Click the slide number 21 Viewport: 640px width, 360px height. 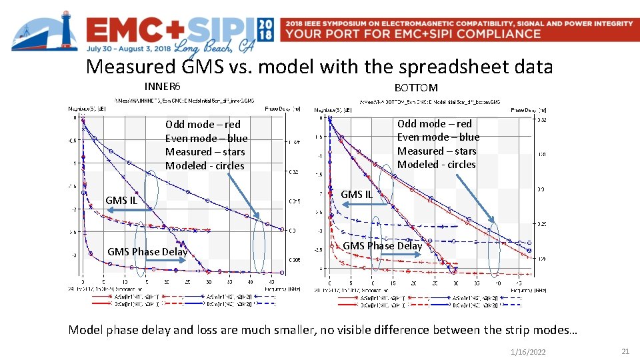625,351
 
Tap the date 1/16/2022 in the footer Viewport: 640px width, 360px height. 527,351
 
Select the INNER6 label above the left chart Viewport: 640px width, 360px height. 163,86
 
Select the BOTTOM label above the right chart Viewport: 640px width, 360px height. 416,87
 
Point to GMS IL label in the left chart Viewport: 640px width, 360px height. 121,200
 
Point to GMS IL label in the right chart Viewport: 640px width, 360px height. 357,194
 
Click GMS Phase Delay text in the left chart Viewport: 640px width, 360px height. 147,251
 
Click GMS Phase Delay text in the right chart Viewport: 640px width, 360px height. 382,245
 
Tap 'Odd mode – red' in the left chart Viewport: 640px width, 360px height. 203,124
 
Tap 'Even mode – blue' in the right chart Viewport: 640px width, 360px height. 438,137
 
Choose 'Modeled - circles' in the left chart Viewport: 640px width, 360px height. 205,165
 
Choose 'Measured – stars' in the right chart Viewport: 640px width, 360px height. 437,151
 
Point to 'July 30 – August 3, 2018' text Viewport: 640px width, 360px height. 128,48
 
